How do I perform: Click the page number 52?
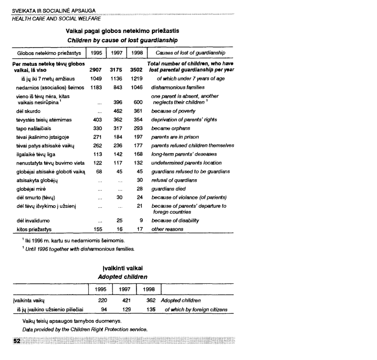17,340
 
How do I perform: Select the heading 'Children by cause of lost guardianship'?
122,39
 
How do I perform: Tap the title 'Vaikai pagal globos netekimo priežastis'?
122,30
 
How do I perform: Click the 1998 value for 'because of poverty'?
137,111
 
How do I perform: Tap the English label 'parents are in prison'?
177,137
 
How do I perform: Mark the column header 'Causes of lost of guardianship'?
190,53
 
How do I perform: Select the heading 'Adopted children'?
121,277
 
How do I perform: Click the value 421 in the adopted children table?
127,300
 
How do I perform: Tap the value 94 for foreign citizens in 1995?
104,309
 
